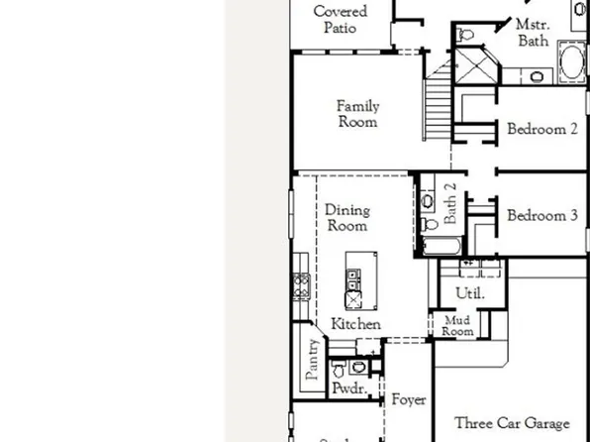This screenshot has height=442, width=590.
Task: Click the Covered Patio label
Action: pos(340,20)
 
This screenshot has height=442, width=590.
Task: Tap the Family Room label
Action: pos(357,114)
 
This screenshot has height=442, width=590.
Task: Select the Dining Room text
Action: pos(346,218)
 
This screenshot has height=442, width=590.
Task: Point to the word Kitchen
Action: pos(355,324)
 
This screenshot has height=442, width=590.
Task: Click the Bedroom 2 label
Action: pos(542,129)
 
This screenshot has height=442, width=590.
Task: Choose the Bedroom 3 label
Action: pos(542,215)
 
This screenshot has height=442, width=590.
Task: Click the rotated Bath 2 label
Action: pos(449,201)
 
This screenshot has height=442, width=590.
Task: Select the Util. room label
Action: pos(468,293)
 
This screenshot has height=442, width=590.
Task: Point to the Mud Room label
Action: pos(456,326)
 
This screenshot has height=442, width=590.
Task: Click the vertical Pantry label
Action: pos(313,360)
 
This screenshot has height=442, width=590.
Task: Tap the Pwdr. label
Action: pos(347,388)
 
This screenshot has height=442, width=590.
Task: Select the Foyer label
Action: pos(408,400)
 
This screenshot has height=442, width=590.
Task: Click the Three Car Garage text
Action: pos(512,423)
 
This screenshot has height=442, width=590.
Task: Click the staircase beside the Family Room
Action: pos(439,100)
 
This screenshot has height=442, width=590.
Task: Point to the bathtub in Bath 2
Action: pos(441,246)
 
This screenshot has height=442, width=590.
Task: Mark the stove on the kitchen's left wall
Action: pos(300,287)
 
